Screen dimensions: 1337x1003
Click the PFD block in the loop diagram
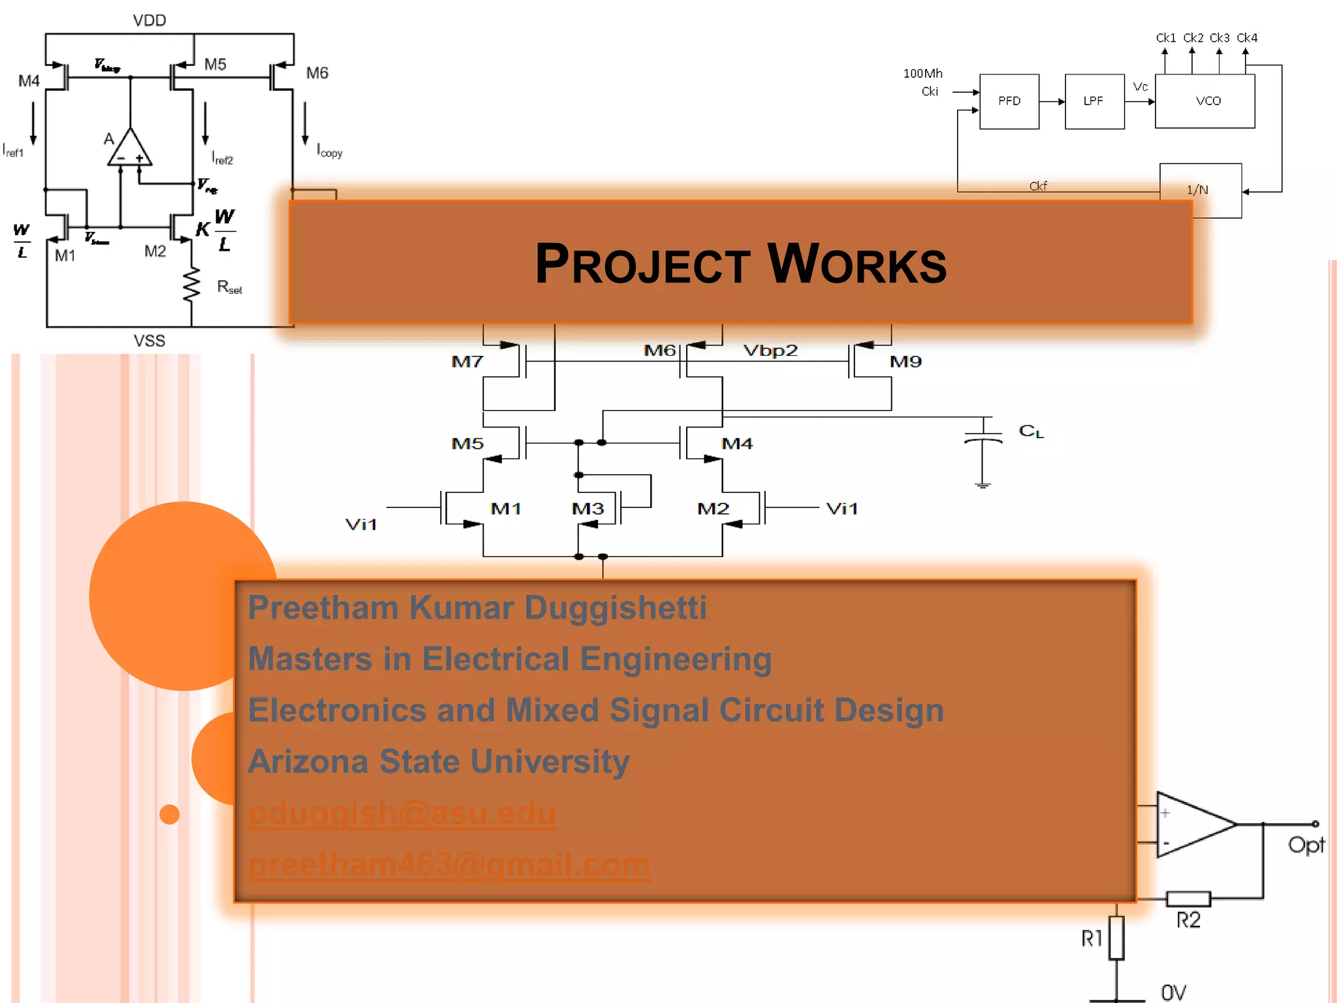[x=1009, y=101]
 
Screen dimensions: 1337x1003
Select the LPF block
[x=1093, y=101]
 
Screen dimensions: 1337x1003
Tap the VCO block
[x=1207, y=101]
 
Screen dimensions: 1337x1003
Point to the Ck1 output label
[x=1165, y=38]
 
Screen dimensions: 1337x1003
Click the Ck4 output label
[x=1247, y=38]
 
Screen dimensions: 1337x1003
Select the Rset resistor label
[x=229, y=287]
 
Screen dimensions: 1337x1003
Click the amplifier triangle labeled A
[x=129, y=150]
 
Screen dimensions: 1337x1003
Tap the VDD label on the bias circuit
[x=149, y=20]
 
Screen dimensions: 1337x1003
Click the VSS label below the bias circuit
[x=149, y=341]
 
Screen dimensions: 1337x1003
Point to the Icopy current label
[x=330, y=151]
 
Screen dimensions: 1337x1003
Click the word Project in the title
[x=642, y=264]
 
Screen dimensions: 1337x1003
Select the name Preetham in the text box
[x=323, y=608]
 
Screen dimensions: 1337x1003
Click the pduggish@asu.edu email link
[x=402, y=813]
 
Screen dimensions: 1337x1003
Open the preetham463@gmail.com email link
[x=449, y=865]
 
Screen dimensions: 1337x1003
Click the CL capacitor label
[x=1031, y=431]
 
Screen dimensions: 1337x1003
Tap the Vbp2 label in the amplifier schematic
[x=770, y=351]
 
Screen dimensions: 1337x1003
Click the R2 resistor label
[x=1188, y=920]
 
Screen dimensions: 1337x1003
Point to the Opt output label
[x=1306, y=845]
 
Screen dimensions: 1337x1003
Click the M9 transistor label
[x=905, y=362]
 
